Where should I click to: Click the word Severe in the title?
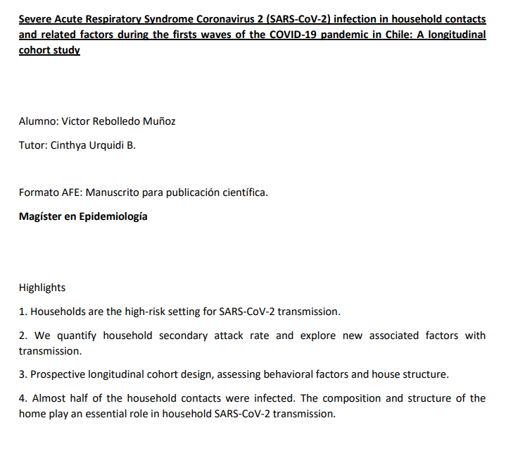tap(36, 18)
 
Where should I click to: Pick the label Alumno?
tap(38, 121)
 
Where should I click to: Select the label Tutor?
tap(32, 146)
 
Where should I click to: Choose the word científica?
tap(244, 192)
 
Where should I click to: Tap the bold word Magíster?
tap(41, 216)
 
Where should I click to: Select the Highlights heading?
tap(42, 288)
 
